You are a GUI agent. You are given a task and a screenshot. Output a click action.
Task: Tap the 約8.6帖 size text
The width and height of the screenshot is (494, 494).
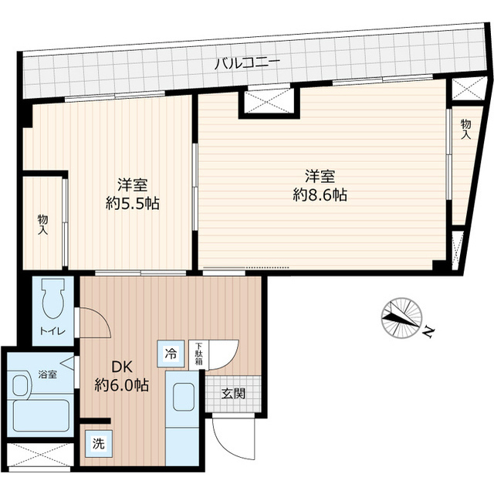pyautogui.click(x=320, y=195)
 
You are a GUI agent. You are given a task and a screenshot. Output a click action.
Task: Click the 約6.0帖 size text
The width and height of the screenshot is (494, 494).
pyautogui.click(x=122, y=384)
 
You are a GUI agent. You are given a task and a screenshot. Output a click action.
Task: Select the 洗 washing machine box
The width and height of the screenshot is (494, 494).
pyautogui.click(x=97, y=444)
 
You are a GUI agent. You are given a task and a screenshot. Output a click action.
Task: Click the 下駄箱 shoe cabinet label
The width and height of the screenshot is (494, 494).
pyautogui.click(x=198, y=353)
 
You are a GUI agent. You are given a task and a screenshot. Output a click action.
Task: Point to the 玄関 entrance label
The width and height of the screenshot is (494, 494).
pyautogui.click(x=234, y=394)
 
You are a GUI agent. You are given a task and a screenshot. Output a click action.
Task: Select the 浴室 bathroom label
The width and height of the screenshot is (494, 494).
pyautogui.click(x=47, y=375)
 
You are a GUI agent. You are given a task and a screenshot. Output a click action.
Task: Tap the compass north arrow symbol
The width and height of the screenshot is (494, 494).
pyautogui.click(x=402, y=316)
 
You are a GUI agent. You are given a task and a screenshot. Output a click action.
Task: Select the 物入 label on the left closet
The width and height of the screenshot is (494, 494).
pyautogui.click(x=42, y=224)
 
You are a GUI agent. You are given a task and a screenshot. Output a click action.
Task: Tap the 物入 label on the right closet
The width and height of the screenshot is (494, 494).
pyautogui.click(x=465, y=129)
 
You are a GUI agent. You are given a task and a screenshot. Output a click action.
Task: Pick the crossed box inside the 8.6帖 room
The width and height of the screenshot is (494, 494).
pyautogui.click(x=267, y=102)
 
